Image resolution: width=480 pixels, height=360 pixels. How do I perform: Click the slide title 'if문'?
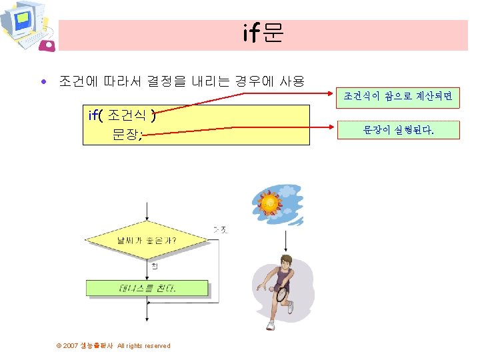click(263, 33)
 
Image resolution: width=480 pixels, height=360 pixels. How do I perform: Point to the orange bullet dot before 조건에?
click(44, 83)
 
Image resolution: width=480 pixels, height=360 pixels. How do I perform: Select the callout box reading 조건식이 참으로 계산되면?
click(397, 97)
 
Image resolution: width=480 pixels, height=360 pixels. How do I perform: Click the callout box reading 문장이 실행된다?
click(397, 130)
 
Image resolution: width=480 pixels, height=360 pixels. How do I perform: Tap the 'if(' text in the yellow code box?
click(95, 115)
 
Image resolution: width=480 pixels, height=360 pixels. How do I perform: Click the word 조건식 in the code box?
click(127, 115)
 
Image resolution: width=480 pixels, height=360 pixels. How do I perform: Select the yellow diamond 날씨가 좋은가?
click(146, 239)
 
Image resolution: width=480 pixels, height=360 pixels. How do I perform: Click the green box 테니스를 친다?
click(147, 288)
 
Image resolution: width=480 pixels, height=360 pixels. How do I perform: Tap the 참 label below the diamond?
click(155, 267)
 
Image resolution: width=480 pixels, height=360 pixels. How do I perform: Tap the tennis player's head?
click(286, 260)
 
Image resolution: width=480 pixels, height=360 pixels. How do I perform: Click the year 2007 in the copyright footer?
click(71, 345)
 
